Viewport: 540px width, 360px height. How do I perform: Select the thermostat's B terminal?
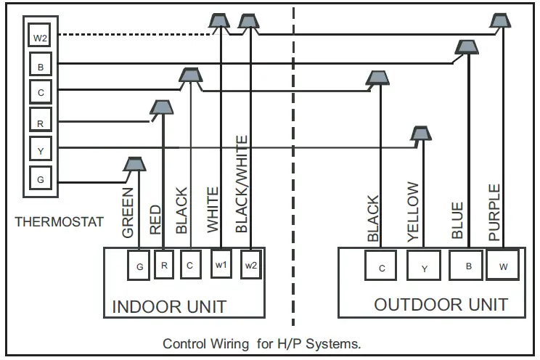click(x=40, y=65)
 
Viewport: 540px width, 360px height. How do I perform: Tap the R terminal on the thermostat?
click(x=40, y=122)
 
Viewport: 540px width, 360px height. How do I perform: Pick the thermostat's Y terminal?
click(x=40, y=150)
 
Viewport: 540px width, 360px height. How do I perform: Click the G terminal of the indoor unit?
click(x=139, y=266)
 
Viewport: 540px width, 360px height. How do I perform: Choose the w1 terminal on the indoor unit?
click(x=221, y=265)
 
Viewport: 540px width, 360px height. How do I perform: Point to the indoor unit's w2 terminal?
click(x=251, y=265)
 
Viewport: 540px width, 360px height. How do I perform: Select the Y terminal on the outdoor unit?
click(x=425, y=266)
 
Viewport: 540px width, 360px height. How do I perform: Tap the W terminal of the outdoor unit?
click(x=502, y=266)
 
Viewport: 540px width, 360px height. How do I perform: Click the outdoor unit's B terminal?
click(x=468, y=266)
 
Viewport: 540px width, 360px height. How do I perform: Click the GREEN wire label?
click(x=128, y=213)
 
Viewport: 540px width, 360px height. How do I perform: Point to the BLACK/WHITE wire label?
click(x=242, y=184)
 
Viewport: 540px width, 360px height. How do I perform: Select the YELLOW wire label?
click(x=413, y=211)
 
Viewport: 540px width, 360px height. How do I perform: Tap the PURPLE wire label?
click(x=494, y=213)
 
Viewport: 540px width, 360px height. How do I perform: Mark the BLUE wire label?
click(x=457, y=221)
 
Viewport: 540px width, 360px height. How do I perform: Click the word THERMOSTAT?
click(x=59, y=221)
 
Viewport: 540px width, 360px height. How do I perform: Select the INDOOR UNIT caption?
click(x=169, y=306)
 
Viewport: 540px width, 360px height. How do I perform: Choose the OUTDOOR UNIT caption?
click(x=441, y=304)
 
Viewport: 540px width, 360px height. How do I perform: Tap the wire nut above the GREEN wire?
click(x=133, y=165)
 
